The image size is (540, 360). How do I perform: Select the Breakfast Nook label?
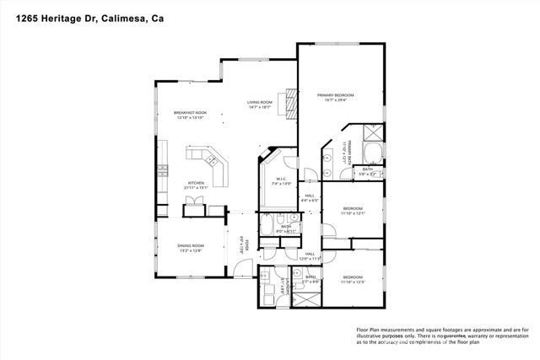pos(191,113)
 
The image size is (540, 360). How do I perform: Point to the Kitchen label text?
pos(197,183)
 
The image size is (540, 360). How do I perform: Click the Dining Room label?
pos(191,245)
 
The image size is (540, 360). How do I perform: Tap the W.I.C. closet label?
pos(282,179)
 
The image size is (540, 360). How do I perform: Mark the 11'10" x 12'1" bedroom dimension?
pos(353,213)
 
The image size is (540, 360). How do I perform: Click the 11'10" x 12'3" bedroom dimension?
pos(353,282)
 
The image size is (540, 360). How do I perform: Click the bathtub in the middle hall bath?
pos(268,227)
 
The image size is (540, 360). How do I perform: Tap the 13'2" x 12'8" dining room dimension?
pos(191,251)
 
